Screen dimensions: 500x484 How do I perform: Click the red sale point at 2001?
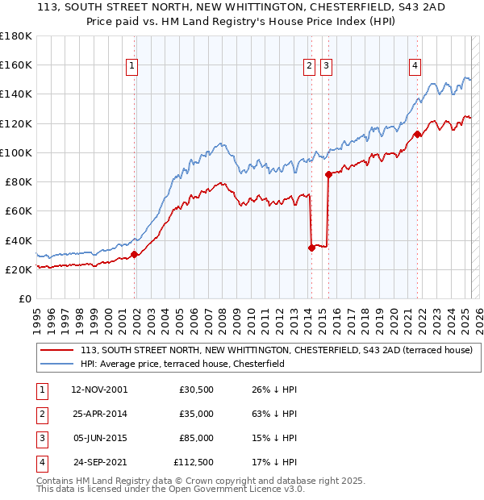point(134,254)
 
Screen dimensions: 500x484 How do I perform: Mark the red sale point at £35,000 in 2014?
point(311,248)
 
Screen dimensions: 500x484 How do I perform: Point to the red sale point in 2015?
point(328,174)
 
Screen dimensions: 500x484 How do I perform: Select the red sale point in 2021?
point(417,134)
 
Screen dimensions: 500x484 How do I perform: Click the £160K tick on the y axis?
point(16,65)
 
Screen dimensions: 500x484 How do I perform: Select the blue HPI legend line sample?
point(56,364)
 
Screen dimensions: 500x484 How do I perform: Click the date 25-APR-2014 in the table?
point(100,414)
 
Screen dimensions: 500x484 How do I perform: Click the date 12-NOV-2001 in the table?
point(100,390)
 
